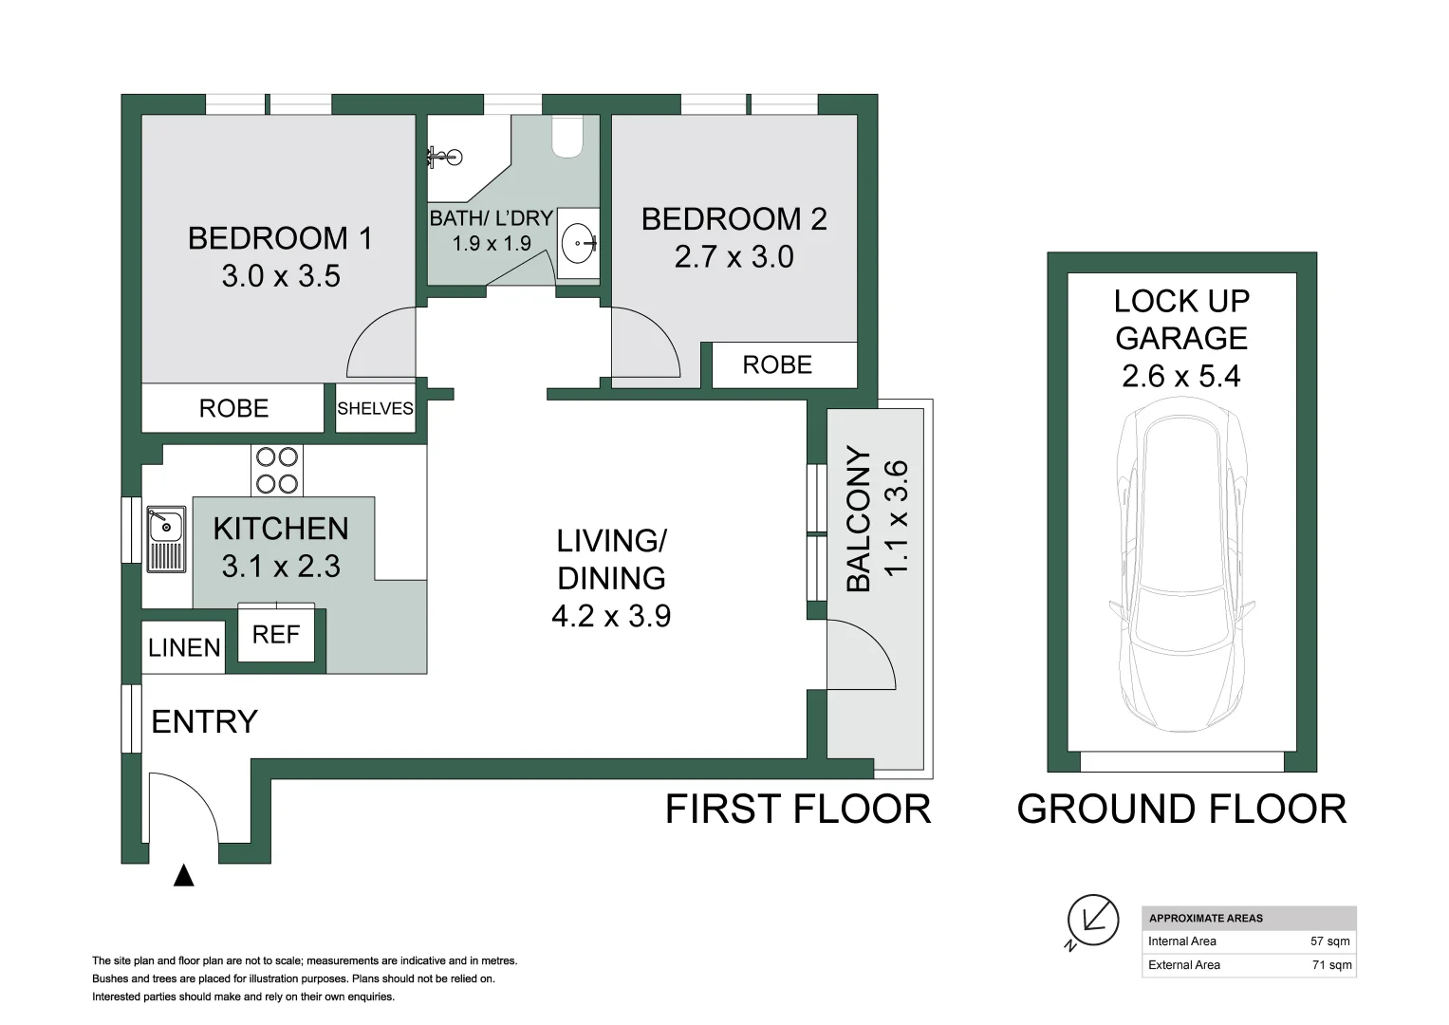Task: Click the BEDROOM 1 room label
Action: (281, 238)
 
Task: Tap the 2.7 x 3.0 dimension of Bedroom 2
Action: (734, 257)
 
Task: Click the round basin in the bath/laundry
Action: (578, 244)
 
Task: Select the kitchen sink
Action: (166, 539)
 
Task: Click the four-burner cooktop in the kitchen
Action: (277, 471)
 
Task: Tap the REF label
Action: (276, 635)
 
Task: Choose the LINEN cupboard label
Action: (184, 647)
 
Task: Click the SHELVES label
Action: (375, 408)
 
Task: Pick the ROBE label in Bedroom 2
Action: (777, 365)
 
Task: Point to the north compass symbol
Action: (1092, 922)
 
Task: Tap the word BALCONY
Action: (859, 519)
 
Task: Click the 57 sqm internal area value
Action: (1330, 941)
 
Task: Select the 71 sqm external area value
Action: (1331, 965)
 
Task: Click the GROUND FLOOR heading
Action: (1181, 809)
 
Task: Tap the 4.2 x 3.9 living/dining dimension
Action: (611, 616)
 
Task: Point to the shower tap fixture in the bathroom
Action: (446, 157)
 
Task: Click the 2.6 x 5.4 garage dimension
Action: (1181, 376)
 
